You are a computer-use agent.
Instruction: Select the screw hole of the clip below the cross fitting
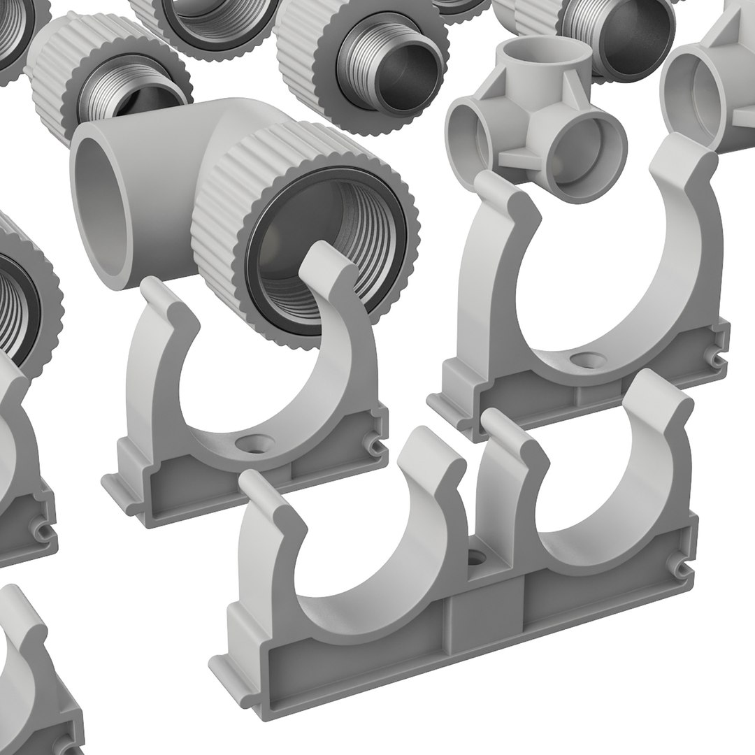click(x=581, y=359)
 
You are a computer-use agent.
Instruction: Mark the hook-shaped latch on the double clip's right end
click(x=678, y=566)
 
